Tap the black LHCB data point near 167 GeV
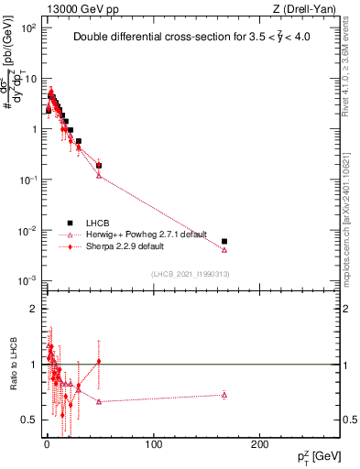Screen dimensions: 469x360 224,241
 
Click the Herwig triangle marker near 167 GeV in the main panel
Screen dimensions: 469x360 224,249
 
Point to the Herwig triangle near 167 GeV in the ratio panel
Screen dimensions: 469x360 224,395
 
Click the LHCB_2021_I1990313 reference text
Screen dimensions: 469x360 191,275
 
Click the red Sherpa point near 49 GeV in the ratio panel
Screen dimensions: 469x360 99,362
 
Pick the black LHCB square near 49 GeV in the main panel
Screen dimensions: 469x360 99,166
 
